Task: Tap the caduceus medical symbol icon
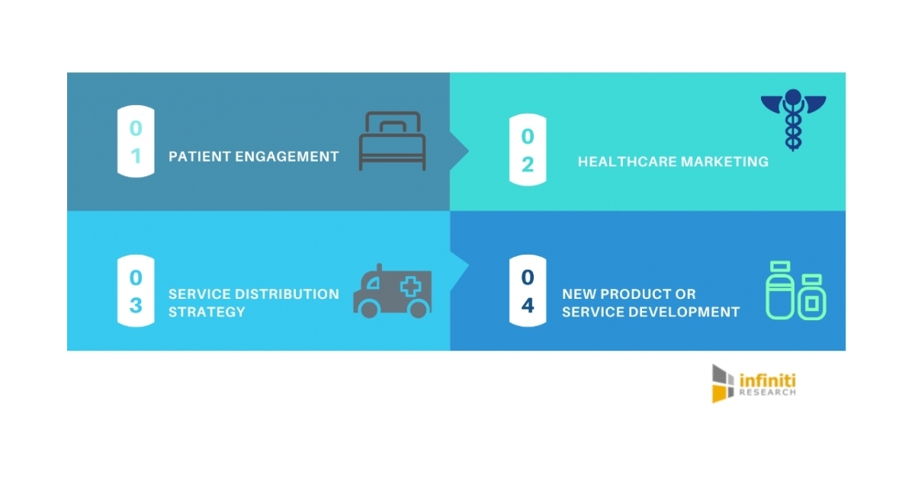793,120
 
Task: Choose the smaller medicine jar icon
812,297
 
